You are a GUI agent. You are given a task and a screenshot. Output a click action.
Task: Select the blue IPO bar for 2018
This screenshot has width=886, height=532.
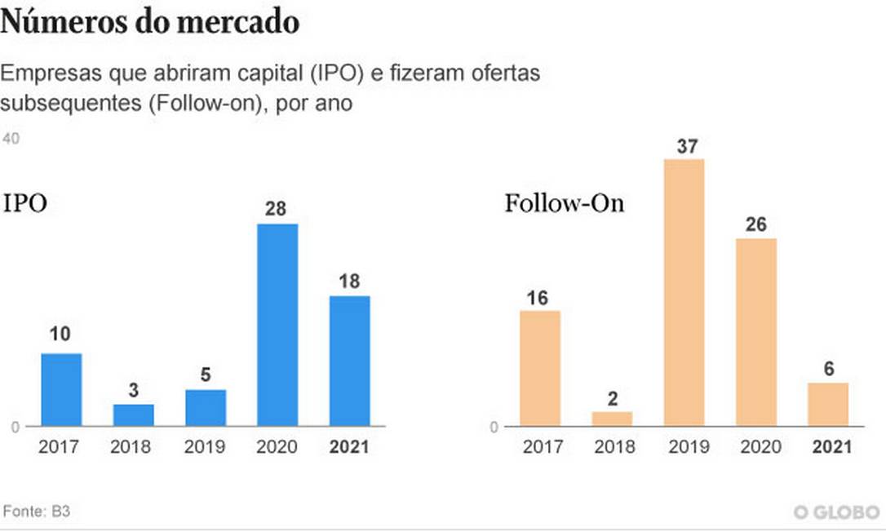[x=133, y=415]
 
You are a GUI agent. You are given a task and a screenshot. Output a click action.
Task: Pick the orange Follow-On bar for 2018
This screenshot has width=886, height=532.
[x=612, y=419]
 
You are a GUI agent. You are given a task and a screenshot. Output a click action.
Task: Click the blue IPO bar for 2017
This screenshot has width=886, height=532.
[x=61, y=389]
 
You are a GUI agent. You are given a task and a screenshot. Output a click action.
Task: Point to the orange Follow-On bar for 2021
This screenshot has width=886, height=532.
[x=828, y=404]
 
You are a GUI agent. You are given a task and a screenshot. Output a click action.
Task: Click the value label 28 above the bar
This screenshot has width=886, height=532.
[x=277, y=209]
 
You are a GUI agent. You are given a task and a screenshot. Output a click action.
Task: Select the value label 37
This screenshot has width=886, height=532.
[x=684, y=147]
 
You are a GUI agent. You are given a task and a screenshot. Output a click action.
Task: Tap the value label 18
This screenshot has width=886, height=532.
[x=349, y=281]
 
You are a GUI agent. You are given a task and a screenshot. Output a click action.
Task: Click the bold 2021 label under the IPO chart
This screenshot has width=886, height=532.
[x=349, y=447]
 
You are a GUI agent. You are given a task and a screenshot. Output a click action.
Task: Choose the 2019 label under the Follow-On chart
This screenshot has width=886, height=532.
[x=684, y=447]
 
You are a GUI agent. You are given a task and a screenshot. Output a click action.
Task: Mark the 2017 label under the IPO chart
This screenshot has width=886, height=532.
[x=61, y=447]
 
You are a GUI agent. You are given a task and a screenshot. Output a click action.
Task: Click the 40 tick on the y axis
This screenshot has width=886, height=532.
[x=11, y=140]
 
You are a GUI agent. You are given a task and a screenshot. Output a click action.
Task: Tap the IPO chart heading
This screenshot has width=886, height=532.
[x=25, y=203]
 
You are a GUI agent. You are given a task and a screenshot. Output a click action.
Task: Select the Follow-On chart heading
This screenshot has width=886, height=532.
[x=564, y=203]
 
